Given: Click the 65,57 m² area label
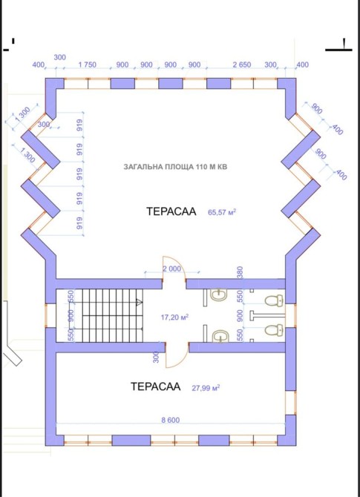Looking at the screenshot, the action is [x=222, y=212].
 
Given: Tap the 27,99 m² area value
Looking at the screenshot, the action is [x=206, y=388].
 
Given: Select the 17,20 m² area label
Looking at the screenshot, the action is [x=175, y=317].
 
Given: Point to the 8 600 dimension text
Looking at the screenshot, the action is [x=170, y=420].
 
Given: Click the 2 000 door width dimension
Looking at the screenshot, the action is [x=171, y=269].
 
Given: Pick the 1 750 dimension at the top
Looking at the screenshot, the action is [x=88, y=65].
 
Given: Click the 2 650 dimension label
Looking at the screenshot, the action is [x=242, y=65].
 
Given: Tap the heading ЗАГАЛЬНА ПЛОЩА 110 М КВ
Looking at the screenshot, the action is [x=175, y=167].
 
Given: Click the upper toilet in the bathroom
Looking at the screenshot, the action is [x=274, y=300].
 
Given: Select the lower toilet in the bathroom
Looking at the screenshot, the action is [x=274, y=329].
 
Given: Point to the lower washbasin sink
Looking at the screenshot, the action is [x=220, y=336].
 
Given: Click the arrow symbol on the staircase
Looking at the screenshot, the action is [x=139, y=303].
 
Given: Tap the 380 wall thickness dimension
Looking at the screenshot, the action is [x=240, y=272].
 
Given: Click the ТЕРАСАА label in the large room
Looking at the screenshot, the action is [x=171, y=211].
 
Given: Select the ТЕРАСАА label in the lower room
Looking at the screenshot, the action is [x=155, y=386].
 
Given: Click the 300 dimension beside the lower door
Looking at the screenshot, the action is [x=156, y=358].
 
